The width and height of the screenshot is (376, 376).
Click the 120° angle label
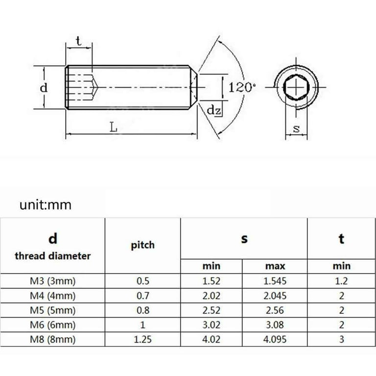pos(242,88)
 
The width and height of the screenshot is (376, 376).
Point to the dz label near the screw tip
pos(213,111)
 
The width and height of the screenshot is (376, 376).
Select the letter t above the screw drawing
pos(78,41)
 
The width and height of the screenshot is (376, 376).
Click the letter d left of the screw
pos(44,88)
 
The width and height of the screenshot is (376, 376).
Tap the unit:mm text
pos(46,205)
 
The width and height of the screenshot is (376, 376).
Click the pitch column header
pos(142,245)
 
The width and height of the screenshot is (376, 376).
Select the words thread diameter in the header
pos(52,256)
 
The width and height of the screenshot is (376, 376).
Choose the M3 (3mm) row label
pos(52,281)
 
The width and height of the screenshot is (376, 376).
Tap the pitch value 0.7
pos(142,296)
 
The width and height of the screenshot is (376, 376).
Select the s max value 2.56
pos(275,310)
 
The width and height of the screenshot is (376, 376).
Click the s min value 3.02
pos(211,325)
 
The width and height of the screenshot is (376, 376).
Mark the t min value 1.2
pos(341,281)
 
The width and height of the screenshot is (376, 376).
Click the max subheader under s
pos(275,266)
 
